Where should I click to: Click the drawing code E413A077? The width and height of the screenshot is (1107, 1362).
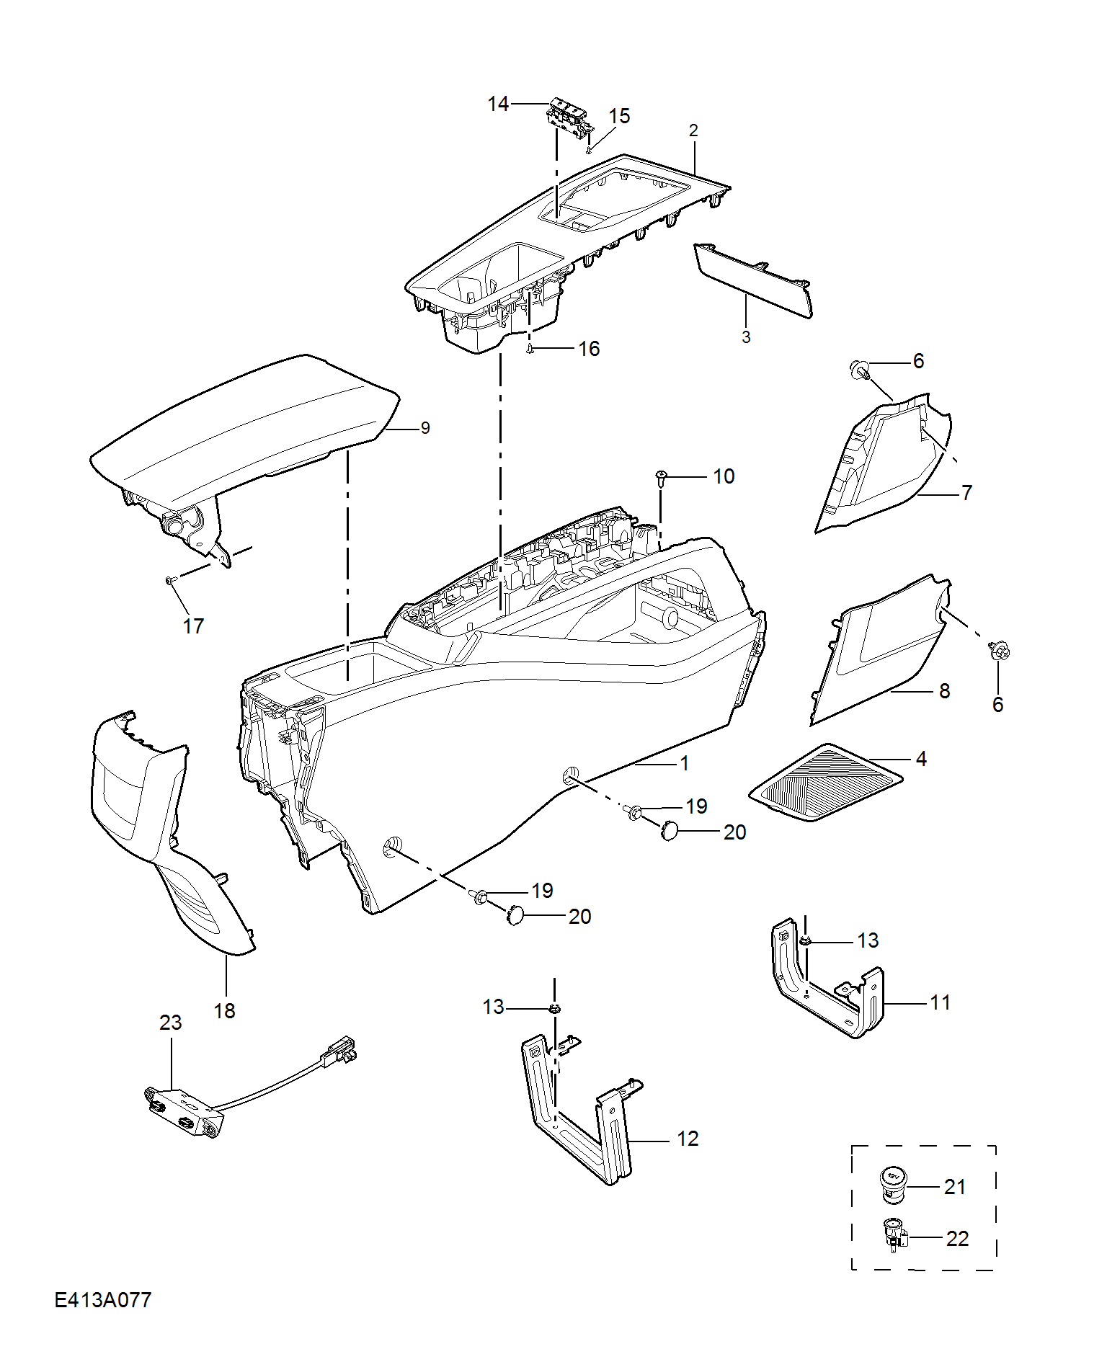(103, 1299)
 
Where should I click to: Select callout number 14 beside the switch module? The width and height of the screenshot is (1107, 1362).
(498, 104)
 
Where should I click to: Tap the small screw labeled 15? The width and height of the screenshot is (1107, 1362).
(589, 149)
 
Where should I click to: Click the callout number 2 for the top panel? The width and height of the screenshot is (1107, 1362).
(693, 130)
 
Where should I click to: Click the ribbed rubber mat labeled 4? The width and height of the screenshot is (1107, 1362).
(826, 783)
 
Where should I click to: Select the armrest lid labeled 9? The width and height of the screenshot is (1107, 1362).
(245, 425)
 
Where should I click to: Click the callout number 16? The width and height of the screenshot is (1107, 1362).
(589, 349)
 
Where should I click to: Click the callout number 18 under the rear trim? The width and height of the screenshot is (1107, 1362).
(224, 1010)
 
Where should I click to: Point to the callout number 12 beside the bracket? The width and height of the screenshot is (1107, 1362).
(688, 1138)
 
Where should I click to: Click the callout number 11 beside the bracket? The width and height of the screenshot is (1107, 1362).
(940, 1002)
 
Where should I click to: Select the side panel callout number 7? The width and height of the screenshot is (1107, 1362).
(966, 493)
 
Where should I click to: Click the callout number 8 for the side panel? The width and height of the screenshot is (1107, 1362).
(944, 690)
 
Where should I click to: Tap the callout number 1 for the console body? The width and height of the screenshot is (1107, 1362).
(684, 762)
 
